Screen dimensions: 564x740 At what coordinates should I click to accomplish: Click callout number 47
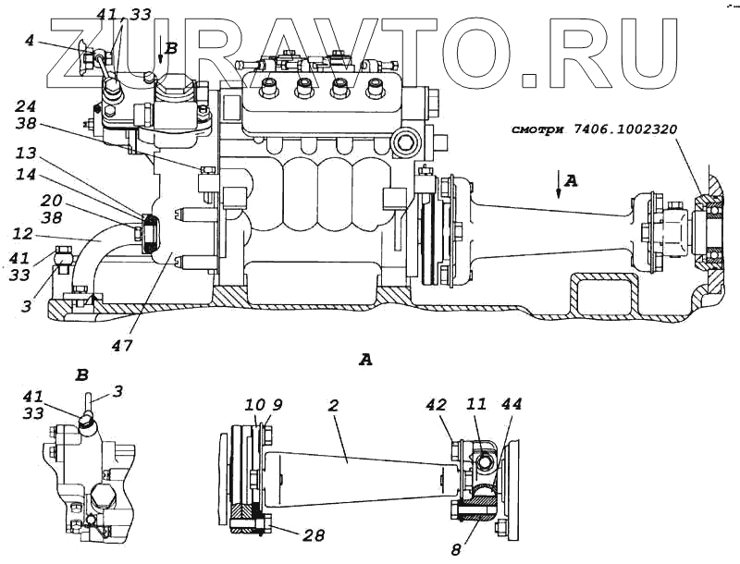point(124,346)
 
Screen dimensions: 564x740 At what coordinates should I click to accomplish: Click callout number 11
point(477,404)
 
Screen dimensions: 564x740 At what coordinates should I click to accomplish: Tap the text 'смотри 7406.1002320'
point(592,129)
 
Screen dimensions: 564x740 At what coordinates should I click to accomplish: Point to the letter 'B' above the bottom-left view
point(81,376)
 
